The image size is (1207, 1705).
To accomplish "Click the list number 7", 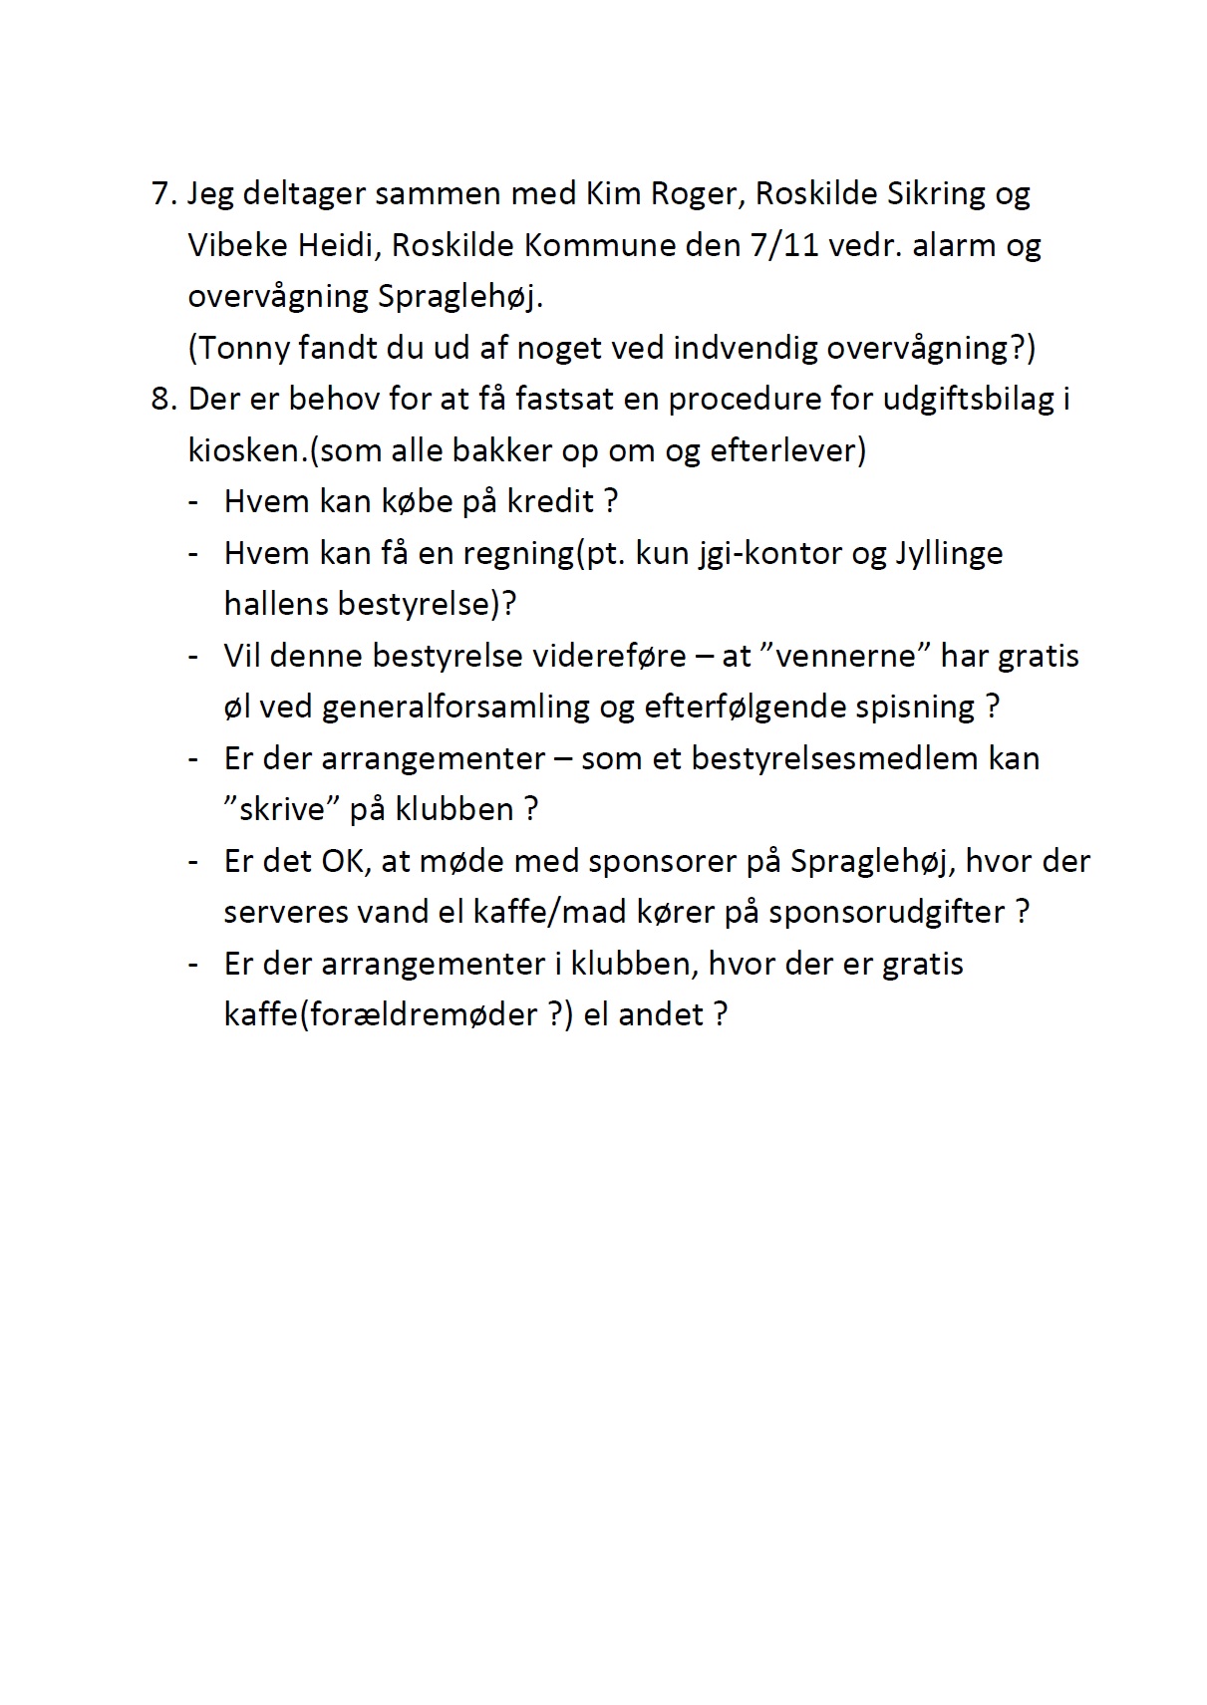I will coord(162,192).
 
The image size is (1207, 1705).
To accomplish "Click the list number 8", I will coord(162,399).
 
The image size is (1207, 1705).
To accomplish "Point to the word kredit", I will coord(551,500).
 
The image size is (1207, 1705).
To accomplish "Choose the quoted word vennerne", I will coord(844,656).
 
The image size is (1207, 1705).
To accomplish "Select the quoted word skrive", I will coord(284,809).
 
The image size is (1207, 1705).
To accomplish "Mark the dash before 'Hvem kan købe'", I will coord(194,501).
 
